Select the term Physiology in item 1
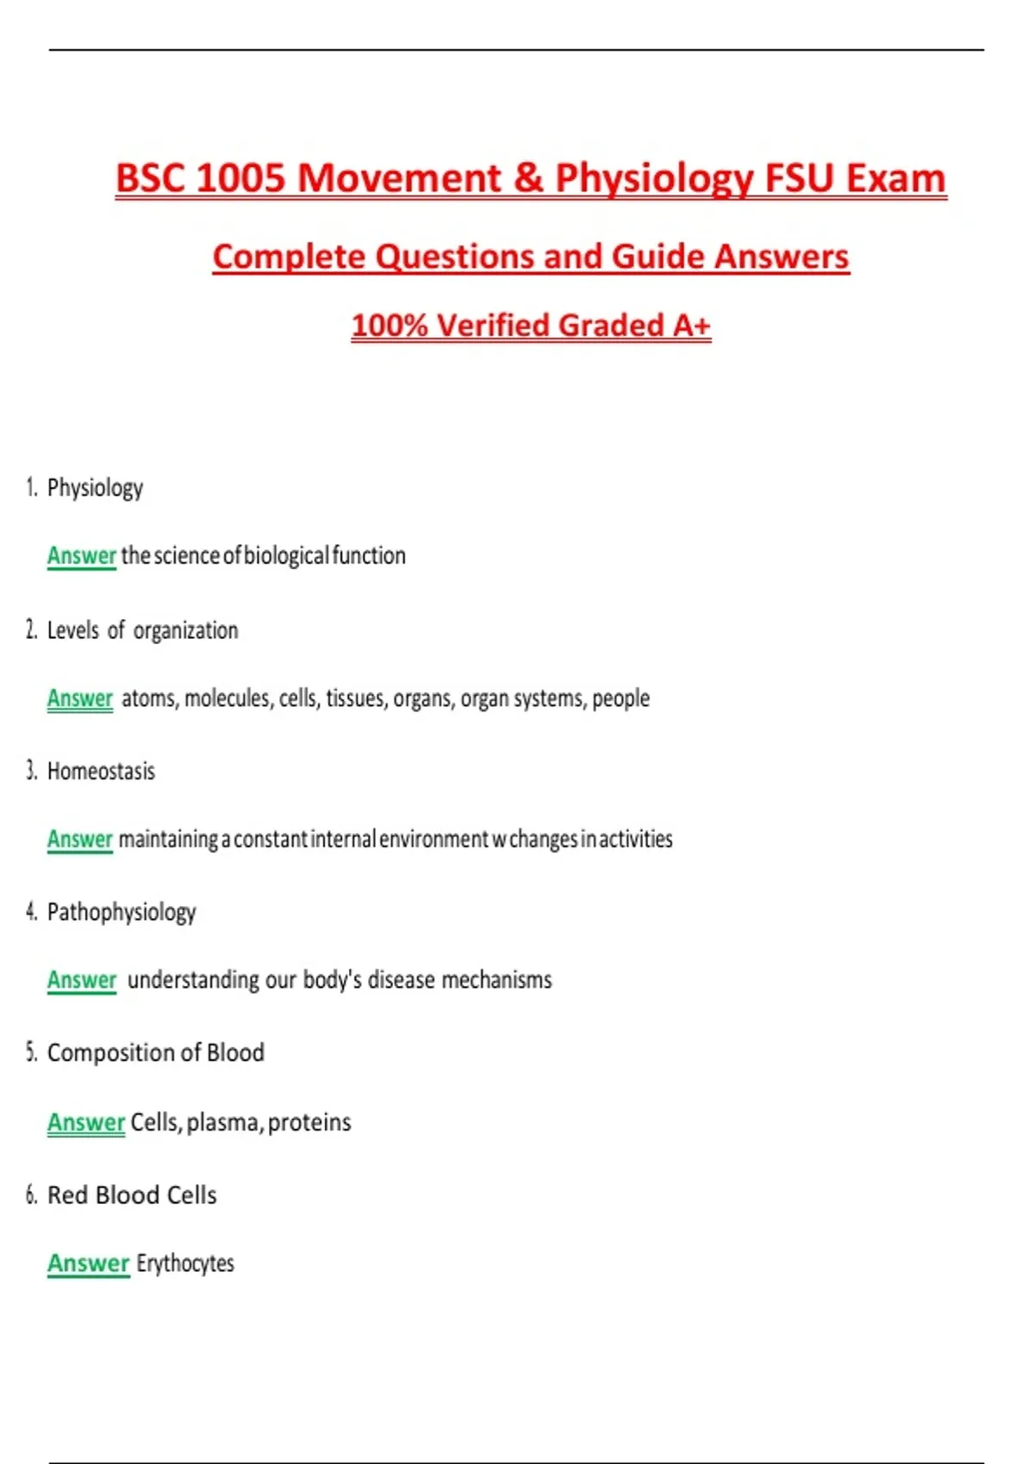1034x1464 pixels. point(95,488)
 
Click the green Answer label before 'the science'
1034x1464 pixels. point(81,556)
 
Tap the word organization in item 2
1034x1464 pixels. point(185,630)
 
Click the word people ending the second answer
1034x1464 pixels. point(620,698)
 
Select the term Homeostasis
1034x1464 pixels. point(101,771)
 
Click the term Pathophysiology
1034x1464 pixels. point(121,912)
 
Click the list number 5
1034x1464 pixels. point(31,1052)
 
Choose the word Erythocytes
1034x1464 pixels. point(185,1263)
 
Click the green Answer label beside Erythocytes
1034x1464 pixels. point(88,1263)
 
